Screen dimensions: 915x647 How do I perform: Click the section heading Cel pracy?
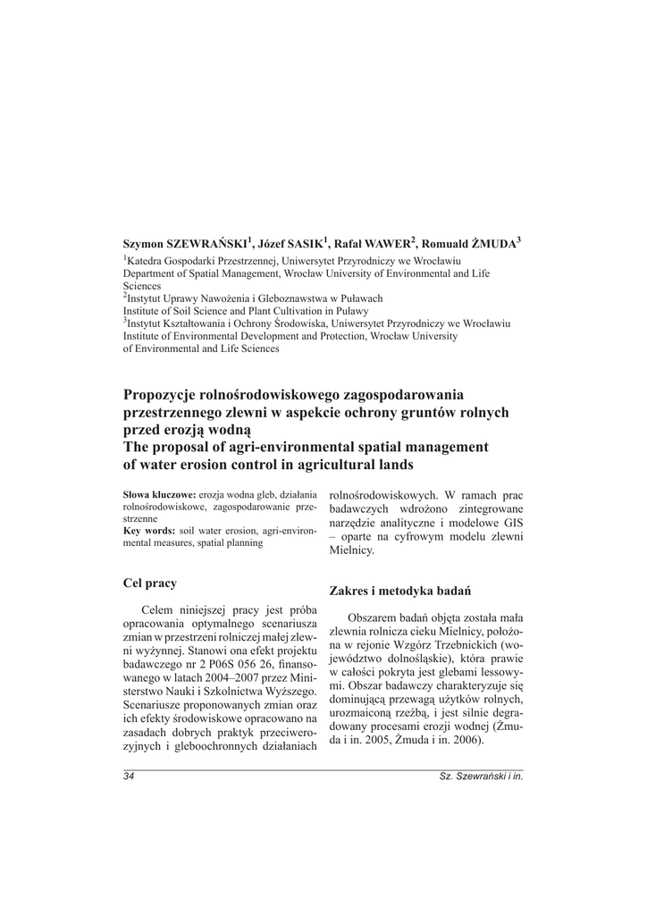(x=150, y=583)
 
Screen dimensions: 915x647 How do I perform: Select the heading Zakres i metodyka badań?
(x=400, y=591)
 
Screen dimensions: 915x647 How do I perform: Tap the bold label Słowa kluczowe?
(x=158, y=494)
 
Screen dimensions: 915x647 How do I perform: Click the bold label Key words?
(x=148, y=531)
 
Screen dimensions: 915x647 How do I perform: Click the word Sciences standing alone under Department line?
(x=143, y=284)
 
